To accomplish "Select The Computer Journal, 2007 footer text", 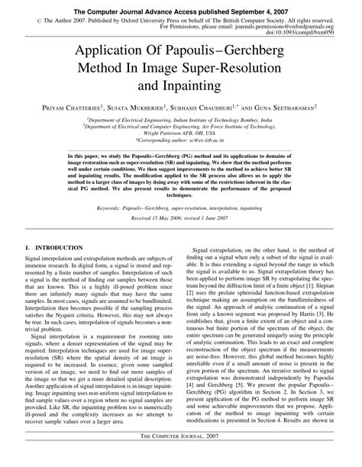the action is coord(180,455).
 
